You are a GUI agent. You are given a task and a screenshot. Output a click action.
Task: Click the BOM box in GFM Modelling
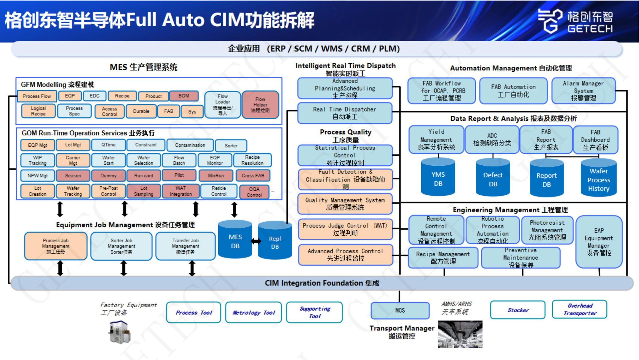point(184,96)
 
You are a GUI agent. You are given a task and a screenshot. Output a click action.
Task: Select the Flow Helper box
point(260,105)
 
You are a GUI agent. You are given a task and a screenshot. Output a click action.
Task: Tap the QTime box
point(108,145)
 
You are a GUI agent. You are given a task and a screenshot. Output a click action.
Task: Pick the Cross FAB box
point(253,176)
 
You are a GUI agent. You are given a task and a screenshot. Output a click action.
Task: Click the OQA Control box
point(254,192)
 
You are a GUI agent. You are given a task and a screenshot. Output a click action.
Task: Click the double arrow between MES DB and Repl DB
point(255,241)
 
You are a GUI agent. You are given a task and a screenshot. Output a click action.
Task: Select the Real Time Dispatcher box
point(345,113)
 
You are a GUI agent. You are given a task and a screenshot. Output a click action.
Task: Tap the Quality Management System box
point(345,204)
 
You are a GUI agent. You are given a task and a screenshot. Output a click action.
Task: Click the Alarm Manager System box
point(583,91)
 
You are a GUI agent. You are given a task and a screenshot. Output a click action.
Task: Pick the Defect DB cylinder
point(493,178)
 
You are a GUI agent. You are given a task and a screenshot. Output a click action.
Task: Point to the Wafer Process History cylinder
point(599,179)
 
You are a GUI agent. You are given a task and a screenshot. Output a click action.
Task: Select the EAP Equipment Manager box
point(599,242)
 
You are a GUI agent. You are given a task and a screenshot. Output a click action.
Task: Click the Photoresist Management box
point(547,230)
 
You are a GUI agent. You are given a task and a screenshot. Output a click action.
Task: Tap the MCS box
point(400,311)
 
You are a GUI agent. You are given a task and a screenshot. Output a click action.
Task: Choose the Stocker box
point(518,310)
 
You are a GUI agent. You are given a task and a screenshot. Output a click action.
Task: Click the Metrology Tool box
point(254,313)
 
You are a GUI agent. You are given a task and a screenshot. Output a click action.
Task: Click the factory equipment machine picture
point(120,332)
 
